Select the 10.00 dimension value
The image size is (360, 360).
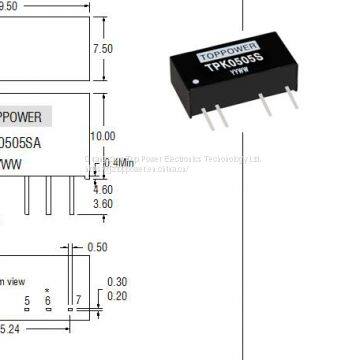(x=103, y=134)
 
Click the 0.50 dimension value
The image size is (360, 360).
(x=97, y=247)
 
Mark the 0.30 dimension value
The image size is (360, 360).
(x=116, y=283)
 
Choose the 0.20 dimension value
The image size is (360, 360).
(x=116, y=297)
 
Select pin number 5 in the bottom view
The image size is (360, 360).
(x=25, y=301)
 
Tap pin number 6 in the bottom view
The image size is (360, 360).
(x=47, y=301)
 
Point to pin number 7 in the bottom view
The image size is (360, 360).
(x=77, y=301)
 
